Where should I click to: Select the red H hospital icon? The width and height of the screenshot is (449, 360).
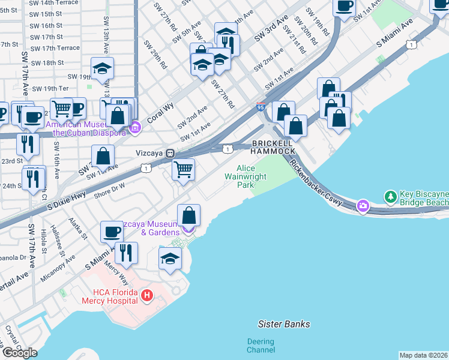click(147, 295)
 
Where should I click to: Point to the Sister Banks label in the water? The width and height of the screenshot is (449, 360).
click(284, 324)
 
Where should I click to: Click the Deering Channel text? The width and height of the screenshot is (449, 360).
click(261, 346)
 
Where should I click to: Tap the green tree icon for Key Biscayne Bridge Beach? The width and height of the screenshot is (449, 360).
click(391, 196)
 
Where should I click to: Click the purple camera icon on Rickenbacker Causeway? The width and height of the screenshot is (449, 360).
click(363, 206)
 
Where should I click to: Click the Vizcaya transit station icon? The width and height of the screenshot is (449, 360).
click(170, 153)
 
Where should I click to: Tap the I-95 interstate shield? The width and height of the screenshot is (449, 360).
click(260, 106)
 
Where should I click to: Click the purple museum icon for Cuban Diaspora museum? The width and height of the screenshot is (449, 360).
click(136, 127)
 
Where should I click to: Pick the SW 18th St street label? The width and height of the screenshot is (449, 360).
click(47, 62)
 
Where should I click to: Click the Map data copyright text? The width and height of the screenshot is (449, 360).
click(423, 355)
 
